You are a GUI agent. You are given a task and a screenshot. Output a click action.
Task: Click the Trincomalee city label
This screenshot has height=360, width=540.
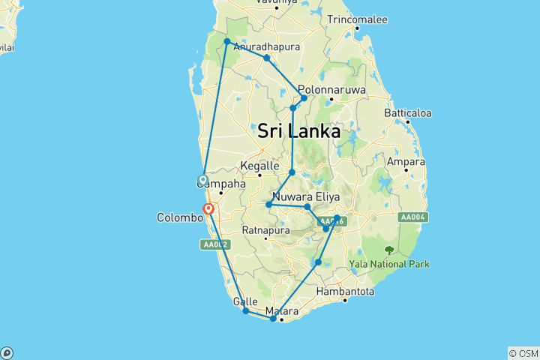click(x=357, y=19)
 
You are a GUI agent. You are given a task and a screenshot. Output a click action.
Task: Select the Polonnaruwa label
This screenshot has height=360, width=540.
click(x=331, y=88)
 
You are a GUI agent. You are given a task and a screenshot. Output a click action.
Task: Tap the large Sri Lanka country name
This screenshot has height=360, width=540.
click(x=298, y=131)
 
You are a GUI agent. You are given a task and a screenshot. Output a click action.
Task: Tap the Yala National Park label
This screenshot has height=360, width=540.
click(x=389, y=264)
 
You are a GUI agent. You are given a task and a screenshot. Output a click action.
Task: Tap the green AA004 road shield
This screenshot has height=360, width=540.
click(x=413, y=217)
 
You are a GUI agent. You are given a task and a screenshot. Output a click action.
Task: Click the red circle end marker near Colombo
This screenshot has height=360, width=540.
click(x=209, y=209)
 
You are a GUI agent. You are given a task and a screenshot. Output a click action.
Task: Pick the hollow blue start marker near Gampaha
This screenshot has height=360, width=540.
click(x=202, y=179)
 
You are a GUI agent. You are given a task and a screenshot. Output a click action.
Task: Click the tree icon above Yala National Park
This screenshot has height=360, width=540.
click(x=388, y=250)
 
